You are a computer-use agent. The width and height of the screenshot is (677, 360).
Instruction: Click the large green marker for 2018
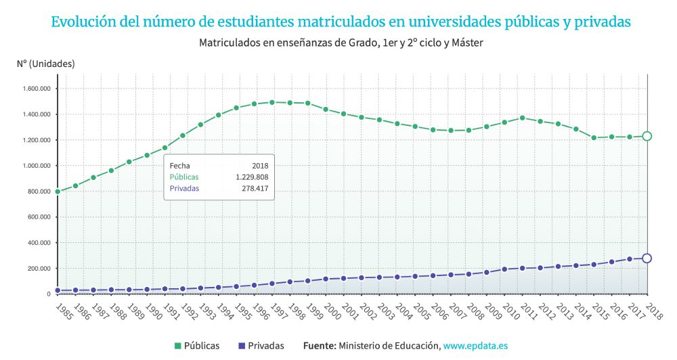coord(647,136)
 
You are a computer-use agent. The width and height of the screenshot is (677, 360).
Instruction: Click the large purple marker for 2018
coord(647,258)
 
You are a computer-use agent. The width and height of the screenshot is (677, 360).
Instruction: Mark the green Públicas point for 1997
coord(272,102)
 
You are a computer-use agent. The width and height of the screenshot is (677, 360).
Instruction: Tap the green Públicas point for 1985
coord(58,192)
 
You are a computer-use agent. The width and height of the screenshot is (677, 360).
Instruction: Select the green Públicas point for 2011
coord(522,118)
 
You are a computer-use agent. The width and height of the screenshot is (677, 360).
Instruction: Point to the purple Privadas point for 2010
coord(504,269)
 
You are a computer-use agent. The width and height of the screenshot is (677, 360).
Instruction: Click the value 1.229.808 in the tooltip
coord(252,177)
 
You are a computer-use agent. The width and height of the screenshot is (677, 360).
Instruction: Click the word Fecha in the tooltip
coord(179,165)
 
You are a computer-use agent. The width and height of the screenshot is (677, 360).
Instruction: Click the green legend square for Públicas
coord(178,346)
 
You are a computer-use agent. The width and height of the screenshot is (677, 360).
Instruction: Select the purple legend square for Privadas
coord(241,346)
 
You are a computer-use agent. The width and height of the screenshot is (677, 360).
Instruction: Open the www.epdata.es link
coord(475,346)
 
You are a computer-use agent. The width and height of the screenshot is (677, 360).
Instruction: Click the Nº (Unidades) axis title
coord(46,64)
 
